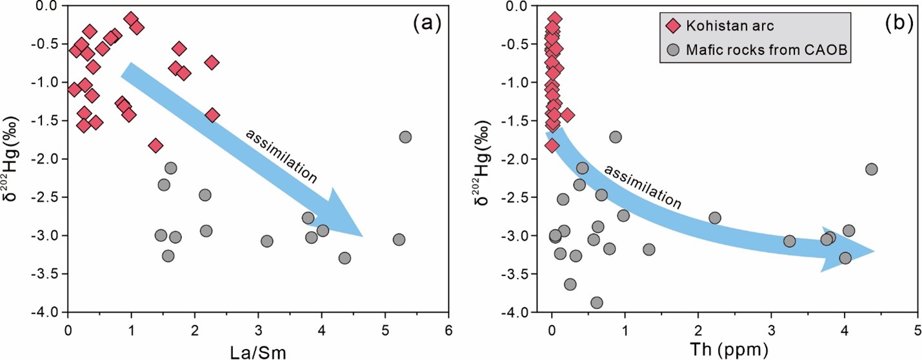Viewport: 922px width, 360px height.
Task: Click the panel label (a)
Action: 426,24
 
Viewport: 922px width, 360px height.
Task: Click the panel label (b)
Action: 899,24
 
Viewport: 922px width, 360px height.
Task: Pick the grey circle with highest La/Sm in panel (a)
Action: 405,137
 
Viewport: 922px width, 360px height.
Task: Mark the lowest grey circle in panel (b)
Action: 597,303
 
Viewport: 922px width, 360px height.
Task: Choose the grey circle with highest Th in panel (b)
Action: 871,169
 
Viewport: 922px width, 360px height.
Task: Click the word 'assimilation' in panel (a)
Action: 281,156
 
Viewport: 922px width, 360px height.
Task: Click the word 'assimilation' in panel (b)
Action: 642,187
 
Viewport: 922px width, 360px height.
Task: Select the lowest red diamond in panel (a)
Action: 155,146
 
